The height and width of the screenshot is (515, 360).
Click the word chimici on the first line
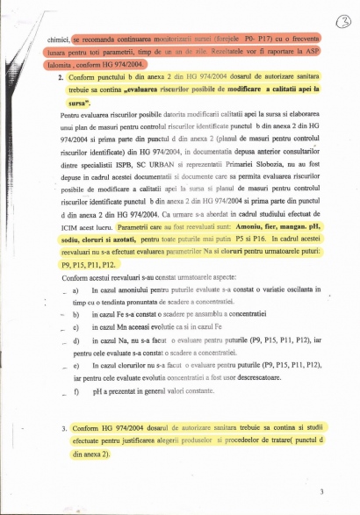pos(57,40)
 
